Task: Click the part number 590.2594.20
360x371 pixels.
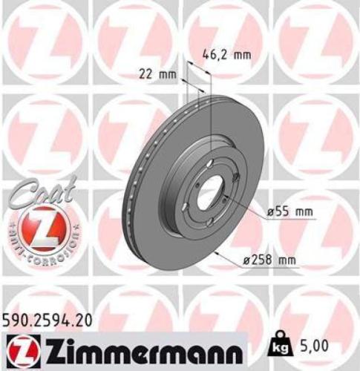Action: (x=50, y=320)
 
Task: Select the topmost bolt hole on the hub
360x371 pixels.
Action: (x=210, y=165)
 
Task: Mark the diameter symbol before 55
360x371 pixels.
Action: (x=270, y=212)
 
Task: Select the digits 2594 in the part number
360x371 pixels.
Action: (x=50, y=320)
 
